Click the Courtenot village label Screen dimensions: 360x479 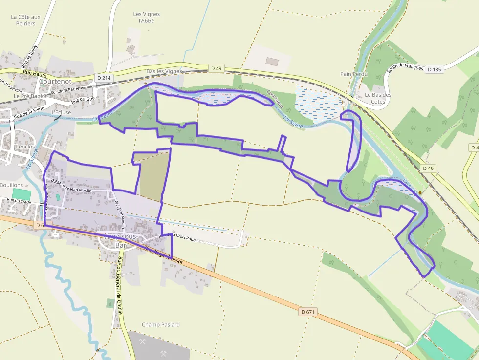(55, 81)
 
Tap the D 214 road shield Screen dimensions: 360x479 (104, 78)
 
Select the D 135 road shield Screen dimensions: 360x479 (434, 69)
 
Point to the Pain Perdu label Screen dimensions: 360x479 (353, 74)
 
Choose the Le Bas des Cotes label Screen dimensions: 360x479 (378, 98)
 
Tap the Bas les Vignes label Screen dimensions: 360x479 (164, 71)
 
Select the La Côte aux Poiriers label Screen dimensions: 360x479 (25, 20)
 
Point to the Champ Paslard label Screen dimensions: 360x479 (161, 324)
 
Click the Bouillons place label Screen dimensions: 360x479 (11, 185)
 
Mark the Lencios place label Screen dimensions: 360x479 (25, 147)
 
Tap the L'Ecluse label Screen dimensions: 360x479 (61, 112)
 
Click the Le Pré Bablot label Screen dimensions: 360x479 (30, 96)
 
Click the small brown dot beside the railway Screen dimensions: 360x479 (420, 192)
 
